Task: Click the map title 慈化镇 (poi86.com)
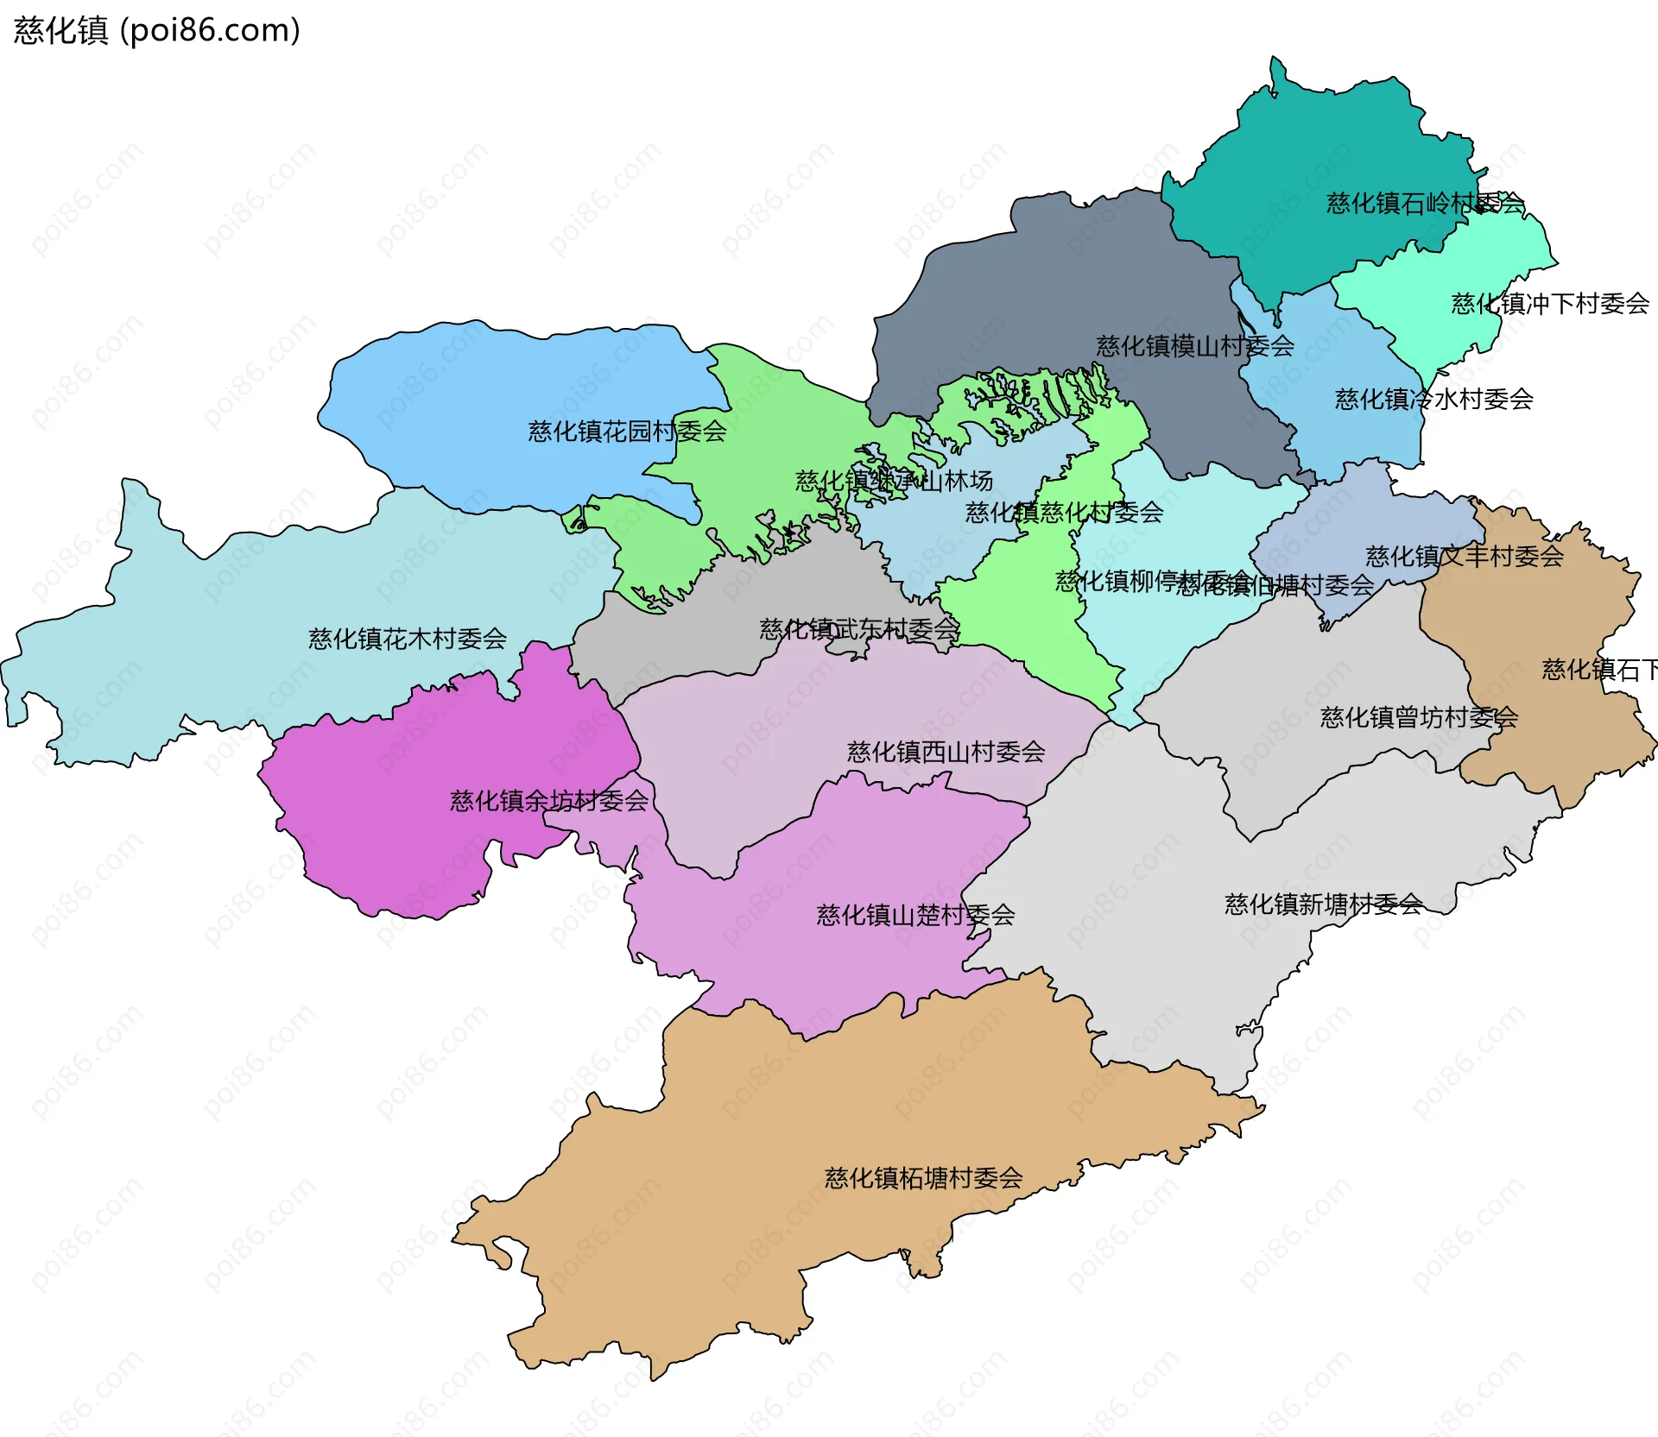[x=156, y=30]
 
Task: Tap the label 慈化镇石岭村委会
[x=1425, y=204]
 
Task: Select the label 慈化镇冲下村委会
[x=1550, y=304]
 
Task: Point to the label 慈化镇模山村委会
[x=1195, y=346]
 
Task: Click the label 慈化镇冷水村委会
[x=1433, y=399]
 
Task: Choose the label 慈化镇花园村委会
[x=627, y=431]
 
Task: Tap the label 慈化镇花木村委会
[x=407, y=639]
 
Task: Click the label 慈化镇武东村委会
[x=859, y=628]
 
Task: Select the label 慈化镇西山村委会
[x=946, y=752]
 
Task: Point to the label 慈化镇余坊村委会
[x=548, y=801]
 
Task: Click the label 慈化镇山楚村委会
[x=915, y=915]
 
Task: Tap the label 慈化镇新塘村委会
[x=1323, y=904]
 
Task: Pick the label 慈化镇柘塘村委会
[x=923, y=1178]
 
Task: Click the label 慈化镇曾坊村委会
[x=1419, y=717]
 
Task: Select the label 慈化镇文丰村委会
[x=1465, y=557]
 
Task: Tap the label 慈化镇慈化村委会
[x=1064, y=513]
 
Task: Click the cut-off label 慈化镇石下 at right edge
[x=1598, y=670]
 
